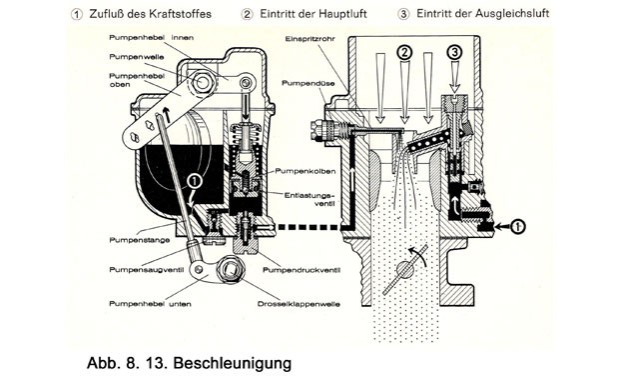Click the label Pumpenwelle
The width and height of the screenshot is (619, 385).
pyautogui.click(x=136, y=57)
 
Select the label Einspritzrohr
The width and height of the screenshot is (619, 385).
pyautogui.click(x=309, y=39)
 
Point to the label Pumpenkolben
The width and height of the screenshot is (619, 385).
pyautogui.click(x=306, y=171)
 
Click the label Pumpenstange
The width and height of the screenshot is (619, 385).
pyautogui.click(x=140, y=240)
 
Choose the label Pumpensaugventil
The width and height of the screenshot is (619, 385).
pyautogui.click(x=146, y=270)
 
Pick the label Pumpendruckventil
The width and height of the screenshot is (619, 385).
pyautogui.click(x=302, y=270)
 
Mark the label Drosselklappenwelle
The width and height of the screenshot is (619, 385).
pyautogui.click(x=299, y=304)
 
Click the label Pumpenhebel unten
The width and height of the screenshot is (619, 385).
pyautogui.click(x=150, y=304)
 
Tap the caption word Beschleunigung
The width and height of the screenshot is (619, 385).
pyautogui.click(x=232, y=363)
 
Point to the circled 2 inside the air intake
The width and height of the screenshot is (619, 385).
pyautogui.click(x=404, y=52)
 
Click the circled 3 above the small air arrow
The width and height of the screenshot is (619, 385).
pyautogui.click(x=455, y=52)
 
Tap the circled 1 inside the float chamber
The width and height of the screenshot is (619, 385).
pyautogui.click(x=195, y=181)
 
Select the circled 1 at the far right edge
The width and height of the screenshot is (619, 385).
pyautogui.click(x=517, y=226)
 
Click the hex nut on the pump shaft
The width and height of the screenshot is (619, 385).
pyautogui.click(x=203, y=82)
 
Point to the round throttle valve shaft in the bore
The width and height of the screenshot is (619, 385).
pyautogui.click(x=404, y=270)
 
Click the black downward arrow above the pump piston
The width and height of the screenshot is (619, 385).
pyautogui.click(x=246, y=108)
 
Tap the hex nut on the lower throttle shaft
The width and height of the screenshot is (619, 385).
pyautogui.click(x=230, y=269)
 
